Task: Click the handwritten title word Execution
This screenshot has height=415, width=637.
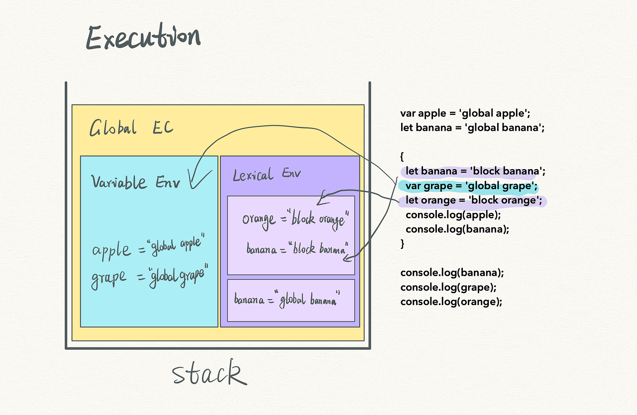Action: point(143,36)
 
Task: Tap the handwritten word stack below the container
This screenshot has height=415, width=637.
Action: point(210,372)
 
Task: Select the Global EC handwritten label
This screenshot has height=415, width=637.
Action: point(131,127)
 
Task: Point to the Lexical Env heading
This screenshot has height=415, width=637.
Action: point(267,174)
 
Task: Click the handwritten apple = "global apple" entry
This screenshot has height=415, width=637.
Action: point(148,247)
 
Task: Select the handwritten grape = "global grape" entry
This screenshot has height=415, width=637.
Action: point(150,276)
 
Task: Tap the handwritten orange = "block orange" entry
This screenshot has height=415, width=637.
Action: point(296,220)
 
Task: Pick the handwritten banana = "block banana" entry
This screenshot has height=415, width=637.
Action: point(298,248)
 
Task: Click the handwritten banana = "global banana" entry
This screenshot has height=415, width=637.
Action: point(287,300)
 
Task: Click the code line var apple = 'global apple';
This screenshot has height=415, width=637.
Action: point(465,113)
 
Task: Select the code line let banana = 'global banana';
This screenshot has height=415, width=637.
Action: point(472,127)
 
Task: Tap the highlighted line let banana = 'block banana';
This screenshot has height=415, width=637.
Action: point(475,171)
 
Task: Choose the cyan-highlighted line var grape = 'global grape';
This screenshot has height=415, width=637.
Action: point(471,186)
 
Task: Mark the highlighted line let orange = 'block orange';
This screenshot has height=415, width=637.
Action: point(474,201)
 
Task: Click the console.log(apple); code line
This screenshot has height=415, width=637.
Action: point(453,215)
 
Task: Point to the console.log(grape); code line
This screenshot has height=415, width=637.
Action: point(448,288)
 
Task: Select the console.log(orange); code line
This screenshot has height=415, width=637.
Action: point(451,302)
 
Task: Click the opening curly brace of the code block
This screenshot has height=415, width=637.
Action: point(402,157)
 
